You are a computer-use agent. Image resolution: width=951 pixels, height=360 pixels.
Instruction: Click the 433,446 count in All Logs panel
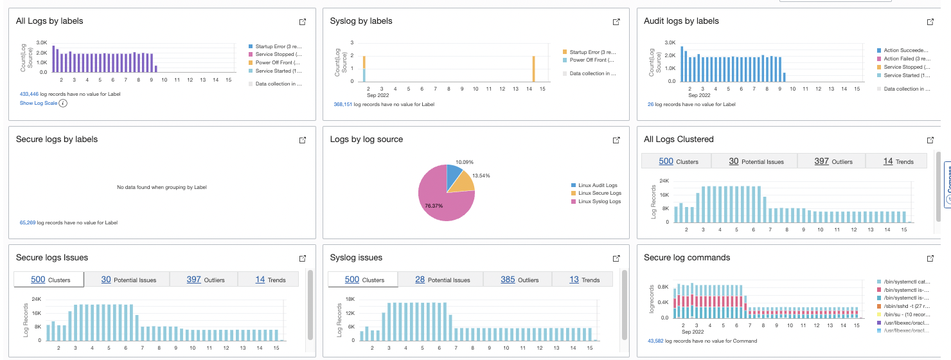(29, 94)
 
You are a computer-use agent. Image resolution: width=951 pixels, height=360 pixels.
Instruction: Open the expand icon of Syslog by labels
(616, 22)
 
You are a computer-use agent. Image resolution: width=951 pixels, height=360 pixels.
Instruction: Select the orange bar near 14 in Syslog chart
(533, 69)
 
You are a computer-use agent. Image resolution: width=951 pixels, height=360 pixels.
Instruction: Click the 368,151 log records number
(342, 104)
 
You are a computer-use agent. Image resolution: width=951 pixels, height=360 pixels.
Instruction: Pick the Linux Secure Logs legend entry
(599, 193)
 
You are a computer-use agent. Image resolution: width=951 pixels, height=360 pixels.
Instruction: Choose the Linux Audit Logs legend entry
(598, 185)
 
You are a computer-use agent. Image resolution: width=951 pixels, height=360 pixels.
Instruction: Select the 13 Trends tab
(584, 280)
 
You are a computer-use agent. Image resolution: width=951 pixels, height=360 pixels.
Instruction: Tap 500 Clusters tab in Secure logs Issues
(49, 280)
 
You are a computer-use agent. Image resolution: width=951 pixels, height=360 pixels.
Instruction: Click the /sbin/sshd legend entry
(904, 306)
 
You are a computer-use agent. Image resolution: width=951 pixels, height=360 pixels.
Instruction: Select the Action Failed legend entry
(905, 59)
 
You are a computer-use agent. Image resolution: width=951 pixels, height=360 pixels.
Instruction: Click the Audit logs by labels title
(681, 21)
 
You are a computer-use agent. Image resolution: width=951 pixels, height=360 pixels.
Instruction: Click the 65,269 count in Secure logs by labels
(28, 222)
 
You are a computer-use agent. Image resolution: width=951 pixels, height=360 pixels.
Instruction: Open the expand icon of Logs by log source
(616, 140)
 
